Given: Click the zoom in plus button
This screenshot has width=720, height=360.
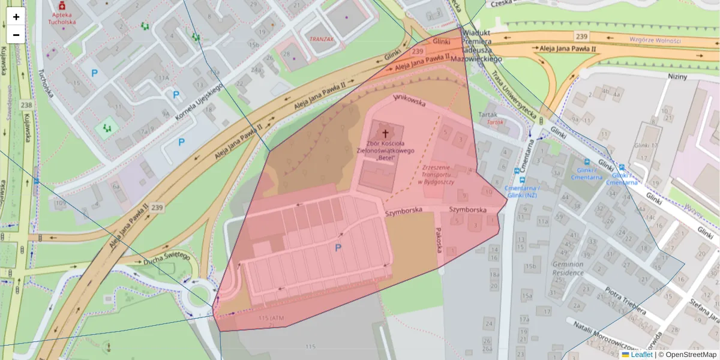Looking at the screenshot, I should coord(16,17).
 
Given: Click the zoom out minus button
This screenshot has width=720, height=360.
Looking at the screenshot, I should coord(16,35).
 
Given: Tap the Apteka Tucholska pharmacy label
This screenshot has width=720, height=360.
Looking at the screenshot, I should coord(62,18).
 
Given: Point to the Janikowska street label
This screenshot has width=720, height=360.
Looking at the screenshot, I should coord(409,100).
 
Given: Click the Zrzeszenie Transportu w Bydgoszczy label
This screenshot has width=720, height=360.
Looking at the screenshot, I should coord(439,174).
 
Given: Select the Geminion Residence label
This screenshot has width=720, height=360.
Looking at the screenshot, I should coord(568,268).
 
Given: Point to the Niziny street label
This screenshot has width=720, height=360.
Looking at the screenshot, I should coord(677,77).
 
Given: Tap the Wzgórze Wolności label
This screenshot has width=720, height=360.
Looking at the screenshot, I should coord(655,40).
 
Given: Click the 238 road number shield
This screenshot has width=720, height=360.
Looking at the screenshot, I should coord(26,104).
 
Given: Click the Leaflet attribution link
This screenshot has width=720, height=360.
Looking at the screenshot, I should coord(641,355).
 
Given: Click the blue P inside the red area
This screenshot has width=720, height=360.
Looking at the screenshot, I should coord(338,248).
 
